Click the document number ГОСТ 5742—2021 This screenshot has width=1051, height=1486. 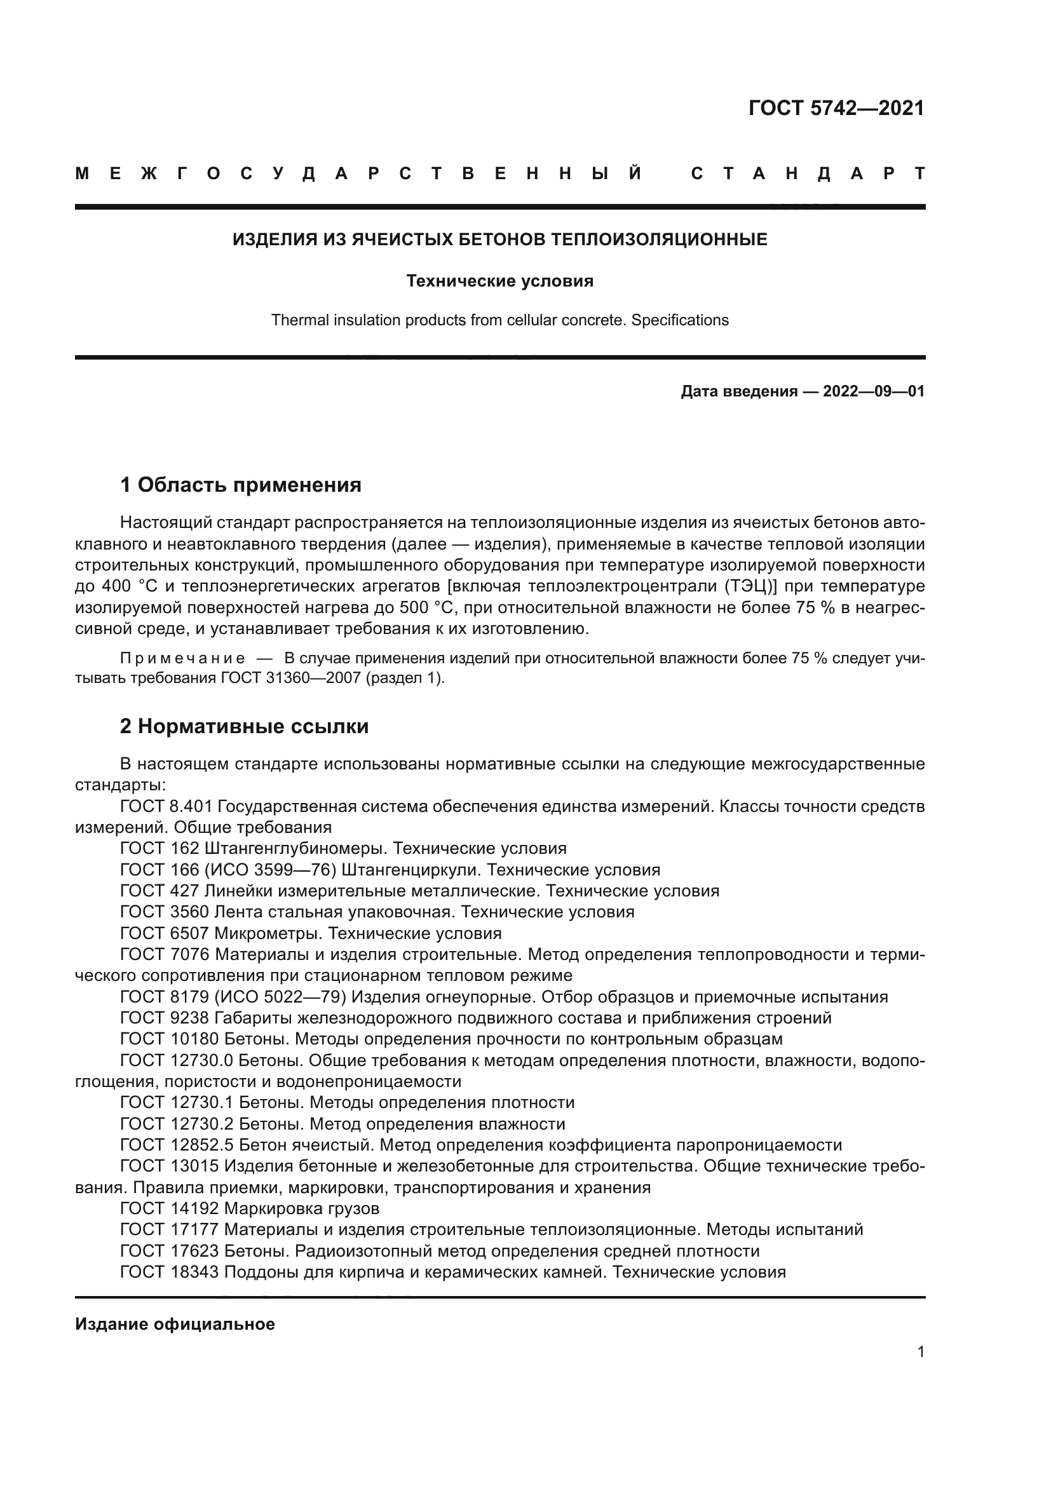(x=836, y=108)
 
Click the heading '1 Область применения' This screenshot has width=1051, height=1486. (x=241, y=484)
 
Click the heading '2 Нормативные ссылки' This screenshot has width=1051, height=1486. (x=244, y=726)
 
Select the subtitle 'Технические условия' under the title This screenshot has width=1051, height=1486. (x=499, y=281)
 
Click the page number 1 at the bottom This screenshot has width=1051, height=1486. (x=921, y=1351)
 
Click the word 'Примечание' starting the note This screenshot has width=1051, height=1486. (x=182, y=659)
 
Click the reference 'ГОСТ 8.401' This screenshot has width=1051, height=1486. (x=166, y=806)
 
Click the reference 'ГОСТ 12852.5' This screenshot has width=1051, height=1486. (x=177, y=1145)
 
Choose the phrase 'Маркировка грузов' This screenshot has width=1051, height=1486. (x=302, y=1208)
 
